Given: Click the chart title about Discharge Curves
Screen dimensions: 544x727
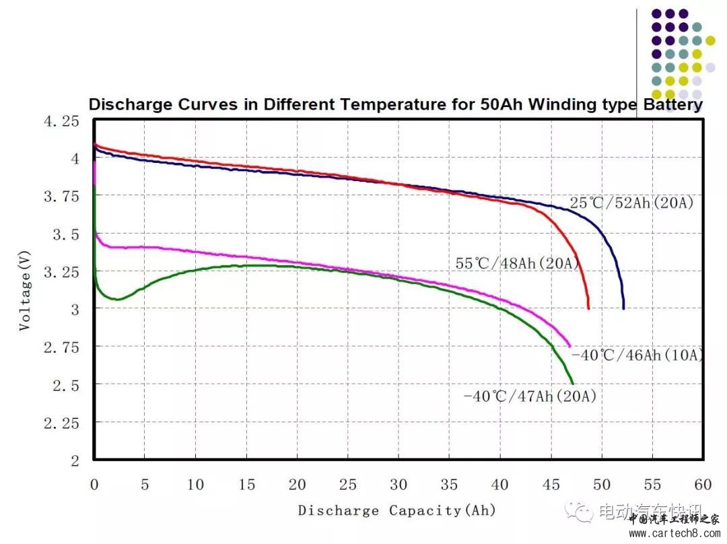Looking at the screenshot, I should coord(396,105).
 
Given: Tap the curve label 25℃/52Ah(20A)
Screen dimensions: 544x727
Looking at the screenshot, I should coord(631,202).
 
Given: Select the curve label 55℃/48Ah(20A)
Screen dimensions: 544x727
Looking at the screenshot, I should coord(518,264).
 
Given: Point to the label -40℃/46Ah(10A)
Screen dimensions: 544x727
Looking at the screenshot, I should coord(637,355).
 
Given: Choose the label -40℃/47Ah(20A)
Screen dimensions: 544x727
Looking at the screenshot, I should coord(530,396).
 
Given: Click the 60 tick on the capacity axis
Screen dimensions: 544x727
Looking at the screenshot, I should coord(703,484).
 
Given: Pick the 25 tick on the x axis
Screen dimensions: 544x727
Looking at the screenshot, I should coord(348,484).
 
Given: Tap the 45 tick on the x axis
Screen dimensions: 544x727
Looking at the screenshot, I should coord(551,484).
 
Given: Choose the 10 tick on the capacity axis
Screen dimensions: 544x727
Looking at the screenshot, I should coord(195,484).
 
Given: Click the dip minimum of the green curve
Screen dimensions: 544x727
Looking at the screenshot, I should coord(117,299).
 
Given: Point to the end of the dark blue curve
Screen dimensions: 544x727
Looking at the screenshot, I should coord(623,308).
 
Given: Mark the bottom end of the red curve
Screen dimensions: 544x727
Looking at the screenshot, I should coord(588,308).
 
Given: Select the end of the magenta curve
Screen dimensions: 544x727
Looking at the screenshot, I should coord(569,345).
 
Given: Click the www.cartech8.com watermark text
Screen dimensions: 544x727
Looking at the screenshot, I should coord(674,534).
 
